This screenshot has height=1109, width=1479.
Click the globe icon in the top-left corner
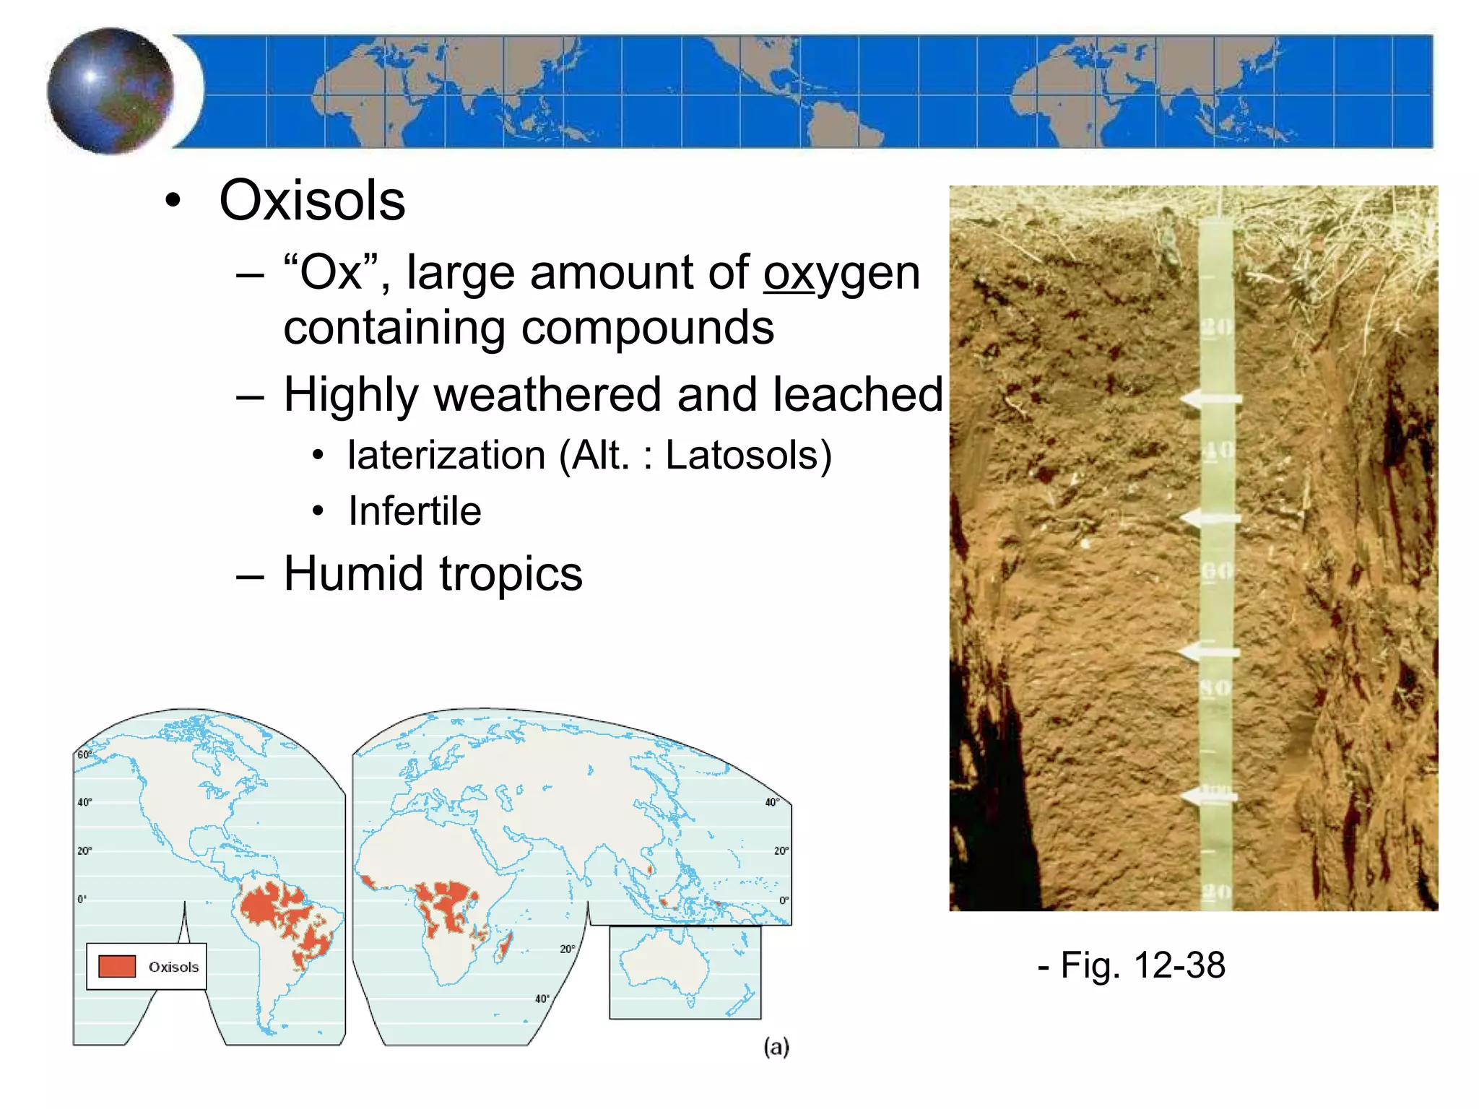click(110, 91)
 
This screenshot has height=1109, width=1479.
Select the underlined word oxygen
click(841, 274)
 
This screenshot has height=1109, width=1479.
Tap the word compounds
click(647, 328)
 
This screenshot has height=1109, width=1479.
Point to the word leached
click(857, 394)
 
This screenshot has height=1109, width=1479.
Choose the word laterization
click(446, 456)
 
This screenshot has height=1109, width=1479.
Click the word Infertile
click(415, 511)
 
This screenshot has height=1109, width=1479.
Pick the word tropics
click(511, 574)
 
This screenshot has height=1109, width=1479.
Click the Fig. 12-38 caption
click(1132, 965)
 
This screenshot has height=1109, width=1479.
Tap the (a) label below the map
click(776, 1047)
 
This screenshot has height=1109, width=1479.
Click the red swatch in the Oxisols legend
click(117, 966)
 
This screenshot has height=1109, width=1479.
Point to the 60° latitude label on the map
click(84, 755)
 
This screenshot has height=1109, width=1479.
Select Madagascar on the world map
click(504, 945)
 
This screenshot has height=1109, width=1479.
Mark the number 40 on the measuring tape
click(1218, 451)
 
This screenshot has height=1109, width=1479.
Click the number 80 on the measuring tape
click(1216, 687)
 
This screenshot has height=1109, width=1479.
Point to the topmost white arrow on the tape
click(1210, 399)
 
